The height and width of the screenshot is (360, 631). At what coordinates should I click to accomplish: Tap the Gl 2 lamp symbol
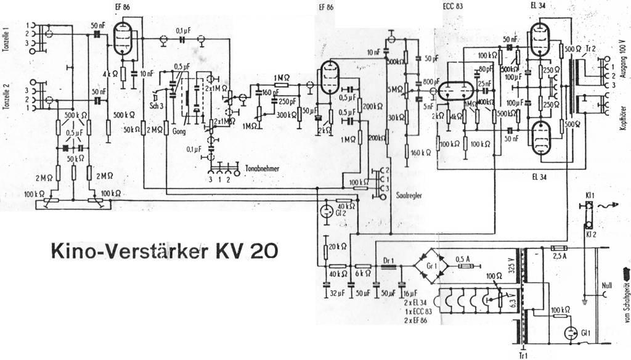pyautogui.click(x=325, y=211)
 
